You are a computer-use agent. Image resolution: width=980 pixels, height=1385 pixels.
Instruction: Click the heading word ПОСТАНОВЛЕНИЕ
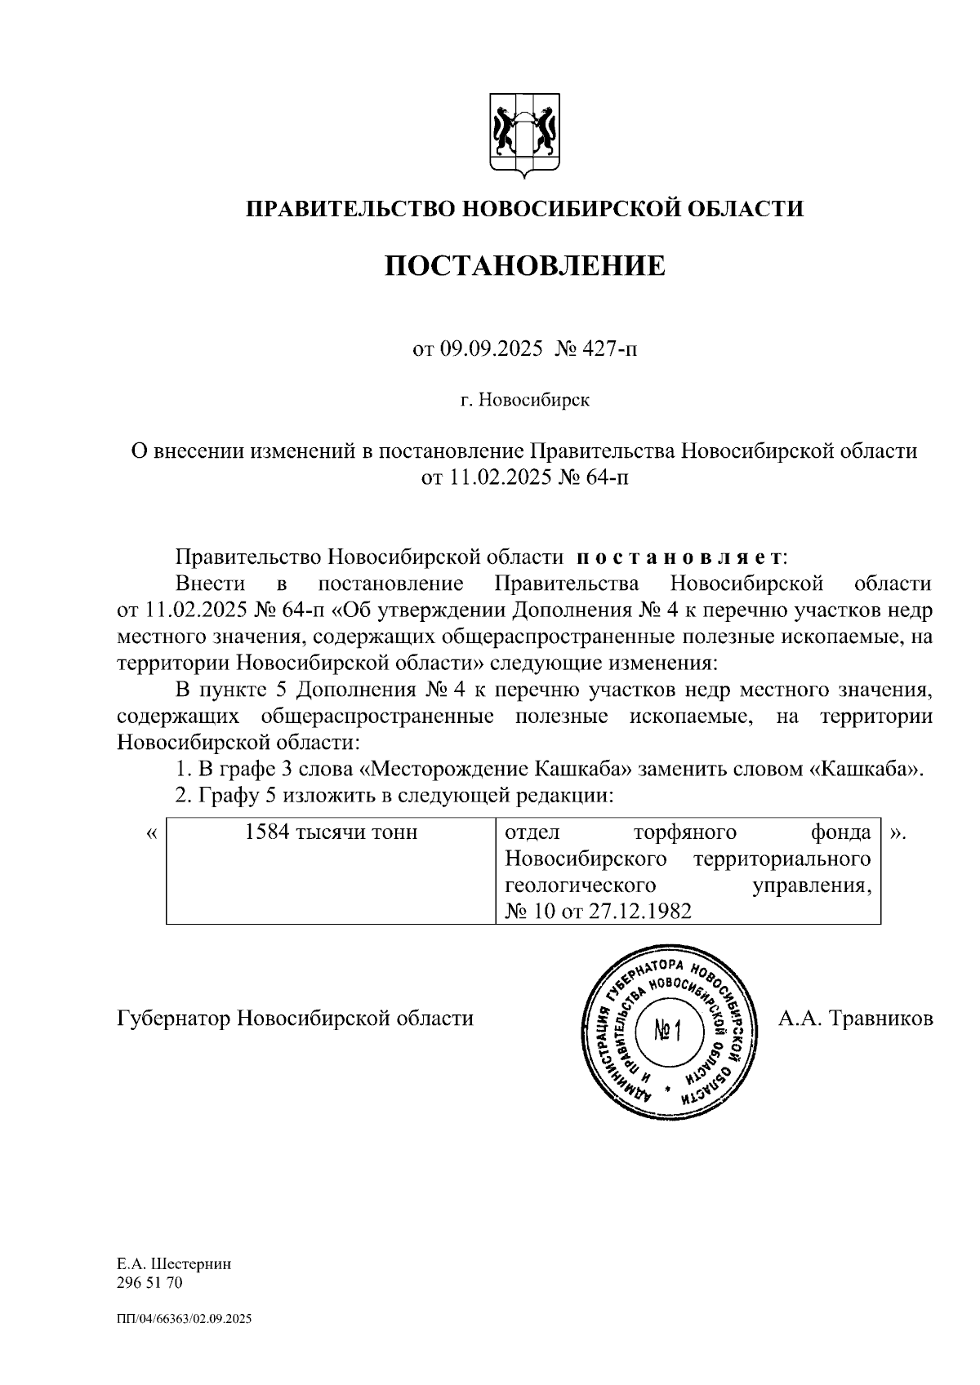point(525,266)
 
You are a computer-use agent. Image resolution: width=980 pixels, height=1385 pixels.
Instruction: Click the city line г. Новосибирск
point(524,401)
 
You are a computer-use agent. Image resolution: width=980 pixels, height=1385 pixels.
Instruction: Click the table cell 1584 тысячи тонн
point(332,832)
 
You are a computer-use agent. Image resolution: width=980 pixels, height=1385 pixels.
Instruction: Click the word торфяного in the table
point(684,832)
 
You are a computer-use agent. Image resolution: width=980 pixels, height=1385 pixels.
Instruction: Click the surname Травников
point(880,1019)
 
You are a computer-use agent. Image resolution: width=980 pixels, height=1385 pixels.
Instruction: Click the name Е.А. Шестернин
point(174,1263)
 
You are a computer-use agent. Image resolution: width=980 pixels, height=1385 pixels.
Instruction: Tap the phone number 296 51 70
point(150,1282)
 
